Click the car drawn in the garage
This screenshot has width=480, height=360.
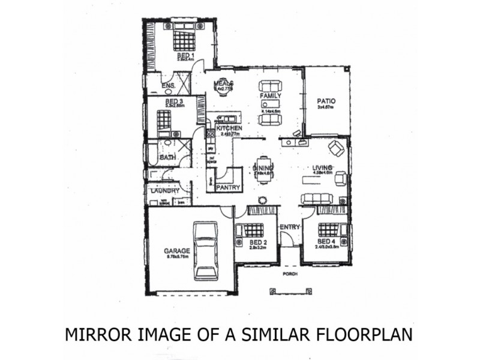(206, 250)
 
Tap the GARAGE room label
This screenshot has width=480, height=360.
(177, 251)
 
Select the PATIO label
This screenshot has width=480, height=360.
(326, 101)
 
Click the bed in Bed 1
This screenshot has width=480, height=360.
(185, 41)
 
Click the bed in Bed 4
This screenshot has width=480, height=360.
(329, 229)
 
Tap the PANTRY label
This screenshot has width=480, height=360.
(228, 187)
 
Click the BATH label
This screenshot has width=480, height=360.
(167, 158)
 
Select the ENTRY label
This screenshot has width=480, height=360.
(290, 226)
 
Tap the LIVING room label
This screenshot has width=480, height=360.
(323, 167)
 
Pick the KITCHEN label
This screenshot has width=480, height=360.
(229, 128)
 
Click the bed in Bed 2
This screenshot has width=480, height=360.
(253, 230)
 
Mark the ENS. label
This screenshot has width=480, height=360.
(169, 86)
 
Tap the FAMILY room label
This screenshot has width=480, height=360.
(270, 96)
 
